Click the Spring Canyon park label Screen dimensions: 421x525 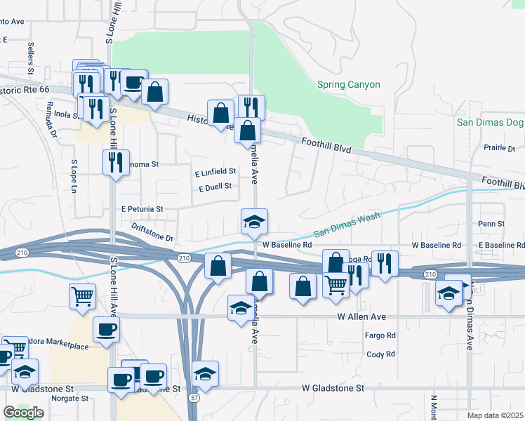point(348,85)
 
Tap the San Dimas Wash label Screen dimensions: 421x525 point(346,224)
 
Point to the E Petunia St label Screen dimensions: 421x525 point(142,209)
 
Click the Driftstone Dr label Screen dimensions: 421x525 point(152,237)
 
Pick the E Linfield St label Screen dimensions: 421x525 point(215,171)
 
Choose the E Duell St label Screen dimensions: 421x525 point(215,188)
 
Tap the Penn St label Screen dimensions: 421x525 point(491,224)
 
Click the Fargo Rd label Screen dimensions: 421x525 point(380,336)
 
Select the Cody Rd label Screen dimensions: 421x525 point(380,354)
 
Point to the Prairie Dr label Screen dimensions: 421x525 point(500,148)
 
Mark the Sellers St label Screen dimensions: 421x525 point(32,58)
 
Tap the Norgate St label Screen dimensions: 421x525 point(69,398)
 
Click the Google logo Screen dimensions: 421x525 point(23,413)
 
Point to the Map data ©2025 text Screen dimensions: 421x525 point(496,415)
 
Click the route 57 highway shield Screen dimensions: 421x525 point(193,397)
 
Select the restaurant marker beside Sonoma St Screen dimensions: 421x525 point(115,162)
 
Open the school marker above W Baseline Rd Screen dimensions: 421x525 point(254,222)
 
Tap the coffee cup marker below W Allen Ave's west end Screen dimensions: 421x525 point(106,329)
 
